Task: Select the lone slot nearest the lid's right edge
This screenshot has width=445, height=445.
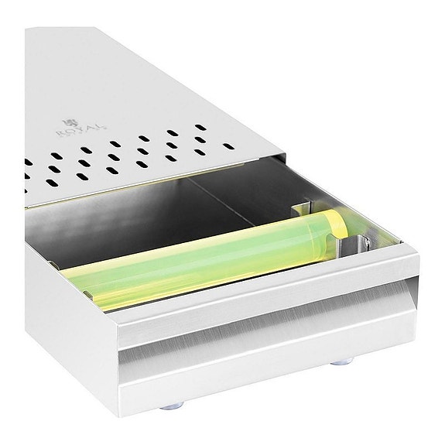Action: (x=228, y=145)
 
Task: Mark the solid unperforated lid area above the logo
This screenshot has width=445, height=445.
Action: (x=116, y=70)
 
